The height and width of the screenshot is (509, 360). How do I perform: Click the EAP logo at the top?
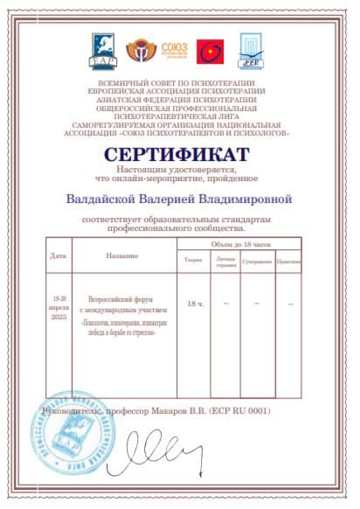pos(101,52)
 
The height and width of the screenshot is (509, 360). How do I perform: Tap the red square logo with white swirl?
pos(208,52)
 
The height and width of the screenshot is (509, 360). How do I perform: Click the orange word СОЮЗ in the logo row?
pos(174,45)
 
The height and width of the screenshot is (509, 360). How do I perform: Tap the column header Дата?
pos(59,256)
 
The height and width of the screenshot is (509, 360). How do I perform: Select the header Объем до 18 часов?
pos(236,245)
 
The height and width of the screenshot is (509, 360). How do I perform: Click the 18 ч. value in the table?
pos(195,303)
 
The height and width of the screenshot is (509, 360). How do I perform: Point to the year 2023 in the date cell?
pos(59,317)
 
